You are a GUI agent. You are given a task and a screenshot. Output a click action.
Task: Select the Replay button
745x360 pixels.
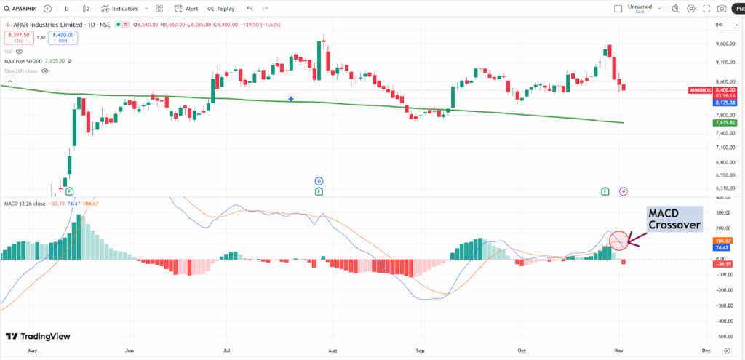pos(220,9)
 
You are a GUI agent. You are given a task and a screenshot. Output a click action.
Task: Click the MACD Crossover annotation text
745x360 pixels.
pos(675,219)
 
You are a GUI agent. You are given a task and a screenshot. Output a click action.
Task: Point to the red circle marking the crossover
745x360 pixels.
pos(618,239)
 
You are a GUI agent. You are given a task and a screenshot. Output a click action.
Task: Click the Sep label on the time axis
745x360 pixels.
pos(419,350)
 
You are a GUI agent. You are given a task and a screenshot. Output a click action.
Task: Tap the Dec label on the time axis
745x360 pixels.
pos(705,350)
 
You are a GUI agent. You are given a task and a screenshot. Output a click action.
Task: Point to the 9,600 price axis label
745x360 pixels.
pos(723,44)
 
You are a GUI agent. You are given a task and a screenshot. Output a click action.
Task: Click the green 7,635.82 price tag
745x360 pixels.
pos(723,123)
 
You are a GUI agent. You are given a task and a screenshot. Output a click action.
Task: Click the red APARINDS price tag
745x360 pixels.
pos(706,90)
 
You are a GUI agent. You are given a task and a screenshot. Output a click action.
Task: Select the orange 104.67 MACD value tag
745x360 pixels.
pos(723,240)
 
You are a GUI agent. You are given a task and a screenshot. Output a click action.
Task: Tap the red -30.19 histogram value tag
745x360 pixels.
pos(723,264)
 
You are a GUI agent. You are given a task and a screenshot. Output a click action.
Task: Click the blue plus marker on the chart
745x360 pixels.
pos(292,98)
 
